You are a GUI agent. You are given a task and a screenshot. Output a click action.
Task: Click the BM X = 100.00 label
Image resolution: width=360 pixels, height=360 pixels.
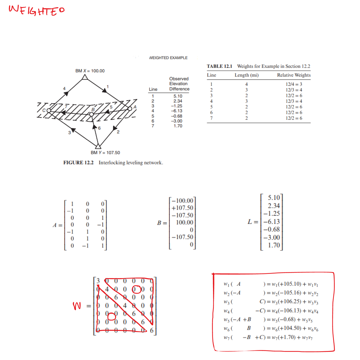(x=90, y=71)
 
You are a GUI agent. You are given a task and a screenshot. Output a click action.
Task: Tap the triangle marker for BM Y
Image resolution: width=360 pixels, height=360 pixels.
(x=98, y=146)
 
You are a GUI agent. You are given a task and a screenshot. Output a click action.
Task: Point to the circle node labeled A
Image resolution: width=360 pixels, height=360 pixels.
(x=130, y=109)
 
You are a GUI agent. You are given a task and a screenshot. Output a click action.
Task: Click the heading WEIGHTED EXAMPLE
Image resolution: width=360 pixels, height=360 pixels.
(x=168, y=58)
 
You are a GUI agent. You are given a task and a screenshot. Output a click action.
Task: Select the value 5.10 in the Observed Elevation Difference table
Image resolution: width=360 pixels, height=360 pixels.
(x=178, y=96)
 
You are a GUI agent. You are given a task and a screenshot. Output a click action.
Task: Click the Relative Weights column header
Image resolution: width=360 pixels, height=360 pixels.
(x=294, y=75)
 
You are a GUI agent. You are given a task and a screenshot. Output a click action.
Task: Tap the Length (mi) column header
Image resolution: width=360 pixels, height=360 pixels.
(x=247, y=75)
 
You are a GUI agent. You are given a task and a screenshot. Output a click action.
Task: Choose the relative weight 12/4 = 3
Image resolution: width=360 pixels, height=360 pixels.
(x=294, y=84)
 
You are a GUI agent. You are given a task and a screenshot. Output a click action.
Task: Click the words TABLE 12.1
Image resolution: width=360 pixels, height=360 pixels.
(x=219, y=66)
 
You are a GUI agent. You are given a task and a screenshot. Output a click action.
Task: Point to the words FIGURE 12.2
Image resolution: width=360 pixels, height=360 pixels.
(x=78, y=163)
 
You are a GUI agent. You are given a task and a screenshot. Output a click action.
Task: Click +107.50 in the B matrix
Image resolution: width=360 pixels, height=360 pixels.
(x=182, y=208)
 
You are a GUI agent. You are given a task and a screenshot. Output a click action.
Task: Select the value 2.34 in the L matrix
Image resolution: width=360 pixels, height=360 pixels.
(x=274, y=206)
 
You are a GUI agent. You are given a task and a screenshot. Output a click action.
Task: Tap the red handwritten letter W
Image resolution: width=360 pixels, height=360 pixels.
(x=77, y=306)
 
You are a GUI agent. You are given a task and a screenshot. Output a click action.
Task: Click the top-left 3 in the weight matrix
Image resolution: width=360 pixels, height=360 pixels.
(x=98, y=281)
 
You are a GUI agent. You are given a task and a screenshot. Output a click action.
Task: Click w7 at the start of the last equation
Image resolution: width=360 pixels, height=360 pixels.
(x=227, y=337)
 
